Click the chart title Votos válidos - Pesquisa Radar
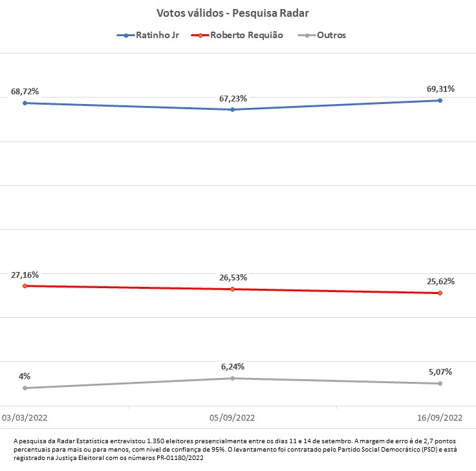(237, 13)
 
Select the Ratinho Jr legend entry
(156, 36)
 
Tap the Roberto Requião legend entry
(246, 36)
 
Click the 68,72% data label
(25, 92)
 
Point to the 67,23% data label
(233, 98)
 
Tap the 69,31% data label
(440, 89)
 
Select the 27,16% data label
(25, 275)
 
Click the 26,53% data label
(233, 278)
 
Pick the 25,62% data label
(440, 282)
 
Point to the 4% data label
(25, 377)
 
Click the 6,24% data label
(233, 367)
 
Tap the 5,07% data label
(440, 372)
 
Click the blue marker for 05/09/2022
(232, 110)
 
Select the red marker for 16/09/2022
(440, 293)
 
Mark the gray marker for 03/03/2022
(25, 388)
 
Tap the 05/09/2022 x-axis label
(233, 417)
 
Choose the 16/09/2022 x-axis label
(440, 417)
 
